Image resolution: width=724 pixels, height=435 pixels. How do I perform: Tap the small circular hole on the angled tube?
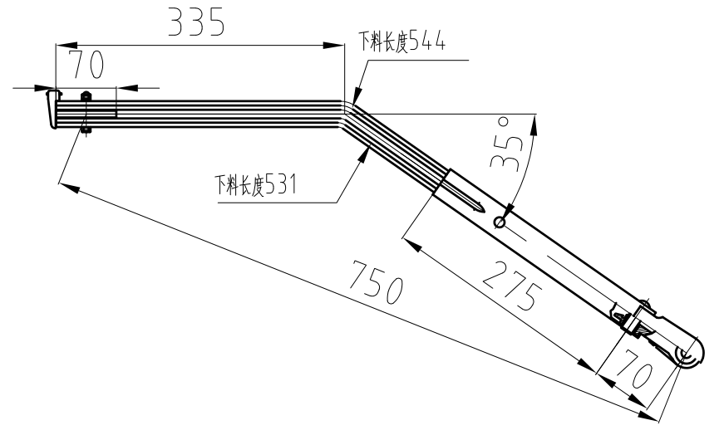[499, 222]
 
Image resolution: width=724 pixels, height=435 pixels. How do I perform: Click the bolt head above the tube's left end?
[85, 96]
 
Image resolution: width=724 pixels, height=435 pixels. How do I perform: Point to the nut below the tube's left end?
[85, 129]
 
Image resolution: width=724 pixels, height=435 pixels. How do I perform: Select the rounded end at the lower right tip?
[692, 354]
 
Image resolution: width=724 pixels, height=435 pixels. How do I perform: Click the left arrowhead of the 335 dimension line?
[60, 45]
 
